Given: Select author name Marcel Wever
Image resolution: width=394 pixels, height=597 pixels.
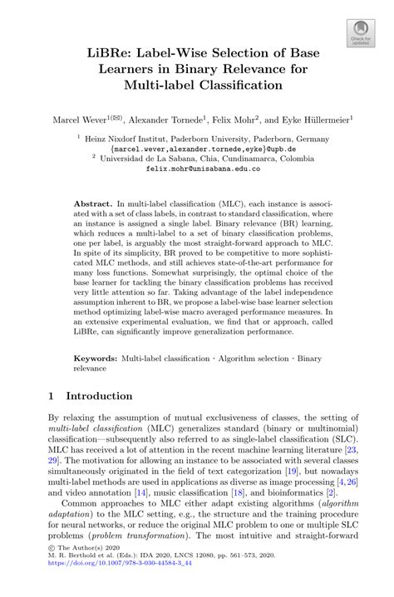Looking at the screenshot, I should (81, 120).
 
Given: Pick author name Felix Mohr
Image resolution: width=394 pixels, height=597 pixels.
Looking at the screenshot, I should (236, 120).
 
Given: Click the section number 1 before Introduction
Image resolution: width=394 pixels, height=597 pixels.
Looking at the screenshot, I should (52, 396).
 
